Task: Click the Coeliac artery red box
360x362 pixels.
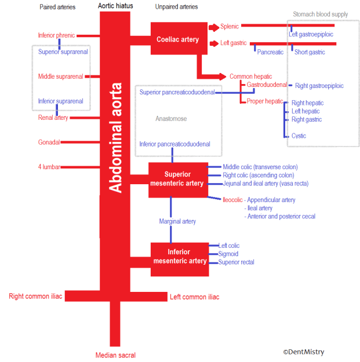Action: [x=179, y=39]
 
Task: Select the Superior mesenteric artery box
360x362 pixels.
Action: [x=178, y=179]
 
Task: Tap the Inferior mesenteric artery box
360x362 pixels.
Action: [x=179, y=257]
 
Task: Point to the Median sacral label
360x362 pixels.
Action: [x=115, y=355]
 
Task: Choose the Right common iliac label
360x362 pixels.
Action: [x=35, y=297]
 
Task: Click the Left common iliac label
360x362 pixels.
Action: [x=194, y=297]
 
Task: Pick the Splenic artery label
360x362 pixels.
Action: [x=230, y=27]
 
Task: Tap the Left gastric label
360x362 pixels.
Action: [x=234, y=43]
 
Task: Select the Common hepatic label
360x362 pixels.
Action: [x=249, y=76]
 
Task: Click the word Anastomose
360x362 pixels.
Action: [x=171, y=119]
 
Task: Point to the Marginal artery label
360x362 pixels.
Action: [x=177, y=221]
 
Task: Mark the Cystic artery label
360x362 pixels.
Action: [x=299, y=136]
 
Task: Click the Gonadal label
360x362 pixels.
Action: [x=49, y=142]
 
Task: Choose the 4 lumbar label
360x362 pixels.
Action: [x=49, y=167]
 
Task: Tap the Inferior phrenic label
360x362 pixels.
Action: [x=56, y=35]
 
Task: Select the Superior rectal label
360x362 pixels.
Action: [x=236, y=262]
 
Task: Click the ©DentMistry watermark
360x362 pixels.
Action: [x=304, y=352]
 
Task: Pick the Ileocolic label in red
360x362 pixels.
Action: [x=232, y=200]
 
